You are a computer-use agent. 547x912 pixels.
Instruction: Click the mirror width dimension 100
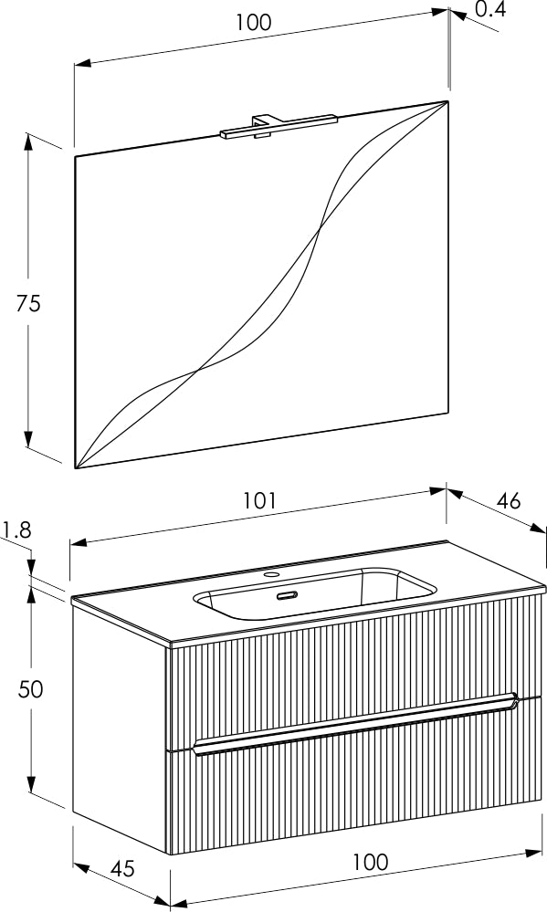(254, 22)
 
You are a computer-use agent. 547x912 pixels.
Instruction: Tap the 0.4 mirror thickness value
(490, 9)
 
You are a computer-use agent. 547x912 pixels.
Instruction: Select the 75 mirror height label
(28, 303)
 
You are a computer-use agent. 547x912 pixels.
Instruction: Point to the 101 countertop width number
(259, 501)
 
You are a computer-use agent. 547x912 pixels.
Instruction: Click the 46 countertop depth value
(509, 501)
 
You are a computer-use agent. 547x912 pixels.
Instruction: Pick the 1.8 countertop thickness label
(16, 529)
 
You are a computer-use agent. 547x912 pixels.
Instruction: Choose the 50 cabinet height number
(30, 689)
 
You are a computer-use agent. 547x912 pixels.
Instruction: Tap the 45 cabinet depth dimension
(122, 869)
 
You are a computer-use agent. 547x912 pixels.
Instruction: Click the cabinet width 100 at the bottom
(370, 862)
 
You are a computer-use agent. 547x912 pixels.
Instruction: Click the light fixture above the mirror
(279, 128)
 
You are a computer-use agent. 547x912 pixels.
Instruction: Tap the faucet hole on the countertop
(271, 575)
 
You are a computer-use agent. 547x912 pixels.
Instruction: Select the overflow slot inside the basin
(287, 595)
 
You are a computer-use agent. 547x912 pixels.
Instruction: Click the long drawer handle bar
(355, 724)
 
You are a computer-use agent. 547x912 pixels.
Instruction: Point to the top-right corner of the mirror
(447, 101)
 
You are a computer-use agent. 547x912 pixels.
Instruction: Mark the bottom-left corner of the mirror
(76, 467)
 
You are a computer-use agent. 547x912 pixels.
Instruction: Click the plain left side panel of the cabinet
(120, 721)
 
